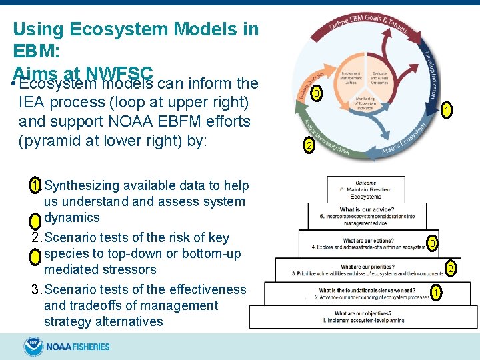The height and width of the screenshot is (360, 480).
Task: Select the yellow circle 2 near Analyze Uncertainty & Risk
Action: click(x=309, y=145)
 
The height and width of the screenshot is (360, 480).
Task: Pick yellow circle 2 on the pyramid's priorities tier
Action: click(x=450, y=269)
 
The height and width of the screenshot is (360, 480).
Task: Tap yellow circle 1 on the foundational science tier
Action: click(x=435, y=292)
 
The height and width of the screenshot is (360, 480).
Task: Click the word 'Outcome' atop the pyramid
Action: click(x=365, y=183)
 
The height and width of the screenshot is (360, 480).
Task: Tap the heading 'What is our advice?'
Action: click(x=365, y=210)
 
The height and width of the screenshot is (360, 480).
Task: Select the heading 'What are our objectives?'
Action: click(x=363, y=313)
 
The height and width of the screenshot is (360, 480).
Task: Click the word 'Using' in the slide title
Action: click(x=37, y=29)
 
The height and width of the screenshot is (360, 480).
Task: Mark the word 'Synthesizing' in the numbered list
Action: click(x=83, y=185)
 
